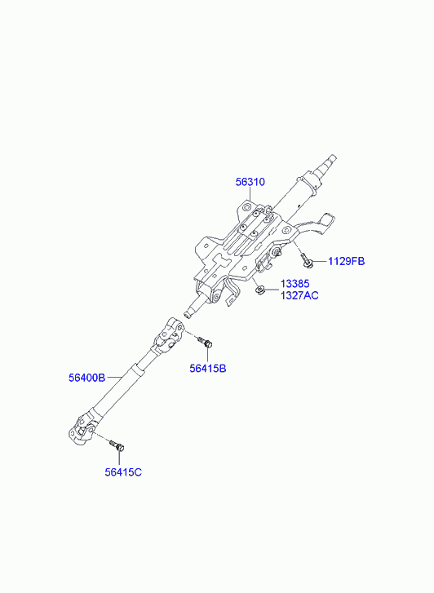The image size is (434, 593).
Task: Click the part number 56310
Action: pos(250,182)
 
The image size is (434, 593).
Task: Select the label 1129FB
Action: pos(346,261)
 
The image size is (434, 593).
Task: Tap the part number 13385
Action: pos(294,284)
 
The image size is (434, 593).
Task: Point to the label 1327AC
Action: pos(299,295)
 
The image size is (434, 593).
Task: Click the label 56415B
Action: pos(208,369)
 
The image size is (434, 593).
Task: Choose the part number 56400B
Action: pos(86,378)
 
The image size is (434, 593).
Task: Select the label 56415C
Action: pos(123,472)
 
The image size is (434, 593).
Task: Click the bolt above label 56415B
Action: pos(206,342)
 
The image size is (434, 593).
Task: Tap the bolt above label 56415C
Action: pos(117,445)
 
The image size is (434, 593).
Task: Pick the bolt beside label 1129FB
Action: pos(307,260)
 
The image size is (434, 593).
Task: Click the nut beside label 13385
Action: pos(259,290)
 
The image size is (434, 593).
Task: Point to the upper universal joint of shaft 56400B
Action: pos(169,334)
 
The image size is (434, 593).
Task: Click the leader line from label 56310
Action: pos(250,194)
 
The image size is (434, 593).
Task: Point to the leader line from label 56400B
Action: pos(113,378)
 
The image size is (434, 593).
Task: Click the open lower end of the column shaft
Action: pos(188,314)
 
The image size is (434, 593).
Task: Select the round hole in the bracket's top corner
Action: pos(246,207)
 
